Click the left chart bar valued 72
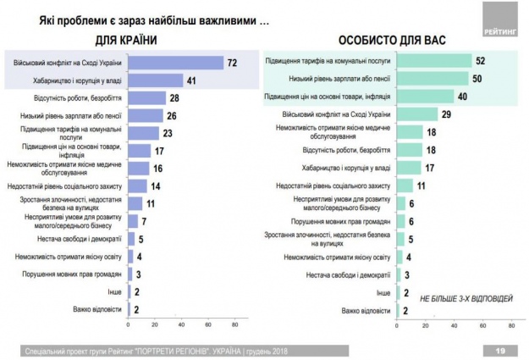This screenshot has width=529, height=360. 175,63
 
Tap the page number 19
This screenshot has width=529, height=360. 500,350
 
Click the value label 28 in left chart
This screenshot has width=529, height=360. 174,98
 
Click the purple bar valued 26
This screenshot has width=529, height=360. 146,116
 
